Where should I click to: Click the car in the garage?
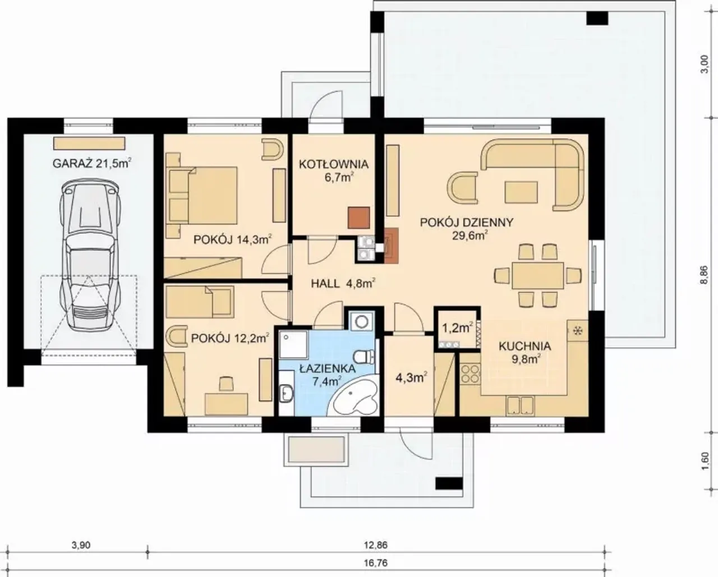coord(90,255)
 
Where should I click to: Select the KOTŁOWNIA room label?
coord(333,164)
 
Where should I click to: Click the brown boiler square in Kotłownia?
coord(358,218)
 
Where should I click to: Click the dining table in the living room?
coord(537,275)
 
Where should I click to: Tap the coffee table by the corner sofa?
coord(521,192)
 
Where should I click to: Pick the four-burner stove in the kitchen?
coord(470,373)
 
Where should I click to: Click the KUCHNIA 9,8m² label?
coord(525,353)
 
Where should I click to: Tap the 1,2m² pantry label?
coord(457,328)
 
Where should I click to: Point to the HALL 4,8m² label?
coord(343,284)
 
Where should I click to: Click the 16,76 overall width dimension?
coord(376,563)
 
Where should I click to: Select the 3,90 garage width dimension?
coord(81,545)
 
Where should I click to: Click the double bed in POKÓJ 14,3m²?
coord(203,196)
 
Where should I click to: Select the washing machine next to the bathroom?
coord(361,321)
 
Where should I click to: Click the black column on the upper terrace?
coord(597,18)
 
